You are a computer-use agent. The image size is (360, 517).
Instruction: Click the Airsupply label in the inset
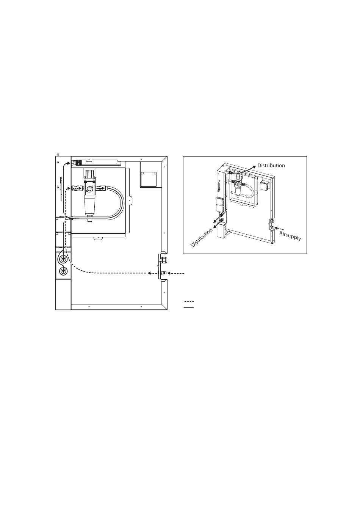[290, 236]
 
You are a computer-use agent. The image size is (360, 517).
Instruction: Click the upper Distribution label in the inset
[271, 166]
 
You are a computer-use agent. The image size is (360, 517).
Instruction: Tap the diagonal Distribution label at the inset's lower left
[202, 238]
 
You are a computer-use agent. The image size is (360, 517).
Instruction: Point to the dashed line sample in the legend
[189, 301]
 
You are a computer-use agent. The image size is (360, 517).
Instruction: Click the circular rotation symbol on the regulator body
[90, 189]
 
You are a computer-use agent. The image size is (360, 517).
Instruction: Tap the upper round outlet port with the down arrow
[63, 260]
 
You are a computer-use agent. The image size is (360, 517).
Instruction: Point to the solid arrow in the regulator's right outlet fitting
[100, 189]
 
